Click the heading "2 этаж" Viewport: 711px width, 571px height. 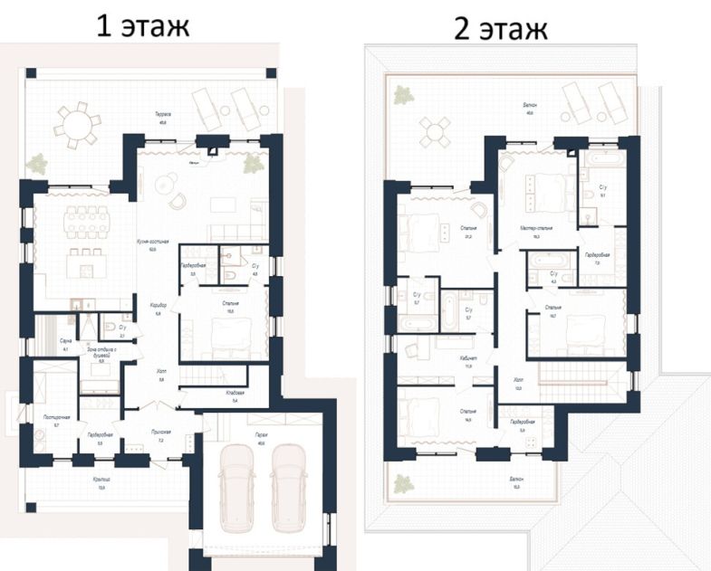pyautogui.click(x=501, y=29)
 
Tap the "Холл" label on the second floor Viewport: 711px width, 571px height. pyautogui.click(x=518, y=380)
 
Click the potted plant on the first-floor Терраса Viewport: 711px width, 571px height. pyautogui.click(x=37, y=163)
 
